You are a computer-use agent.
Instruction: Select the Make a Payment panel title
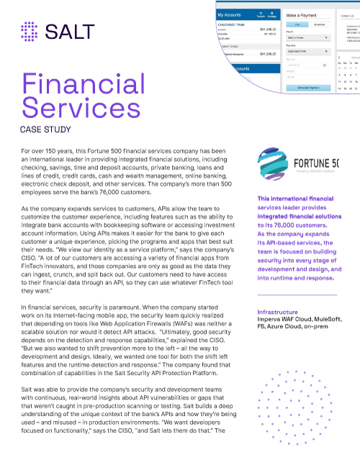303,14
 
